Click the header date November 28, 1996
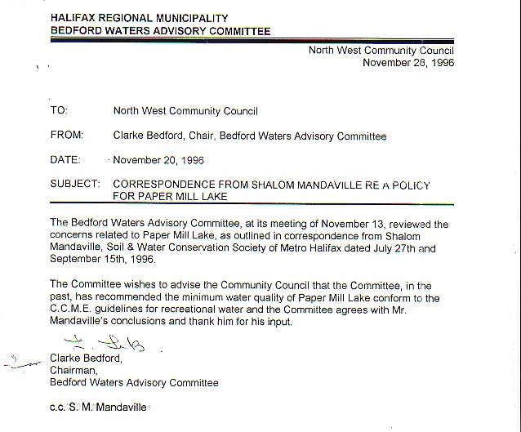pos(408,62)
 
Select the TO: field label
pos(59,110)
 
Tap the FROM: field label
pos(66,136)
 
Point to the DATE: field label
pos(65,160)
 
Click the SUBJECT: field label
pos(75,184)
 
